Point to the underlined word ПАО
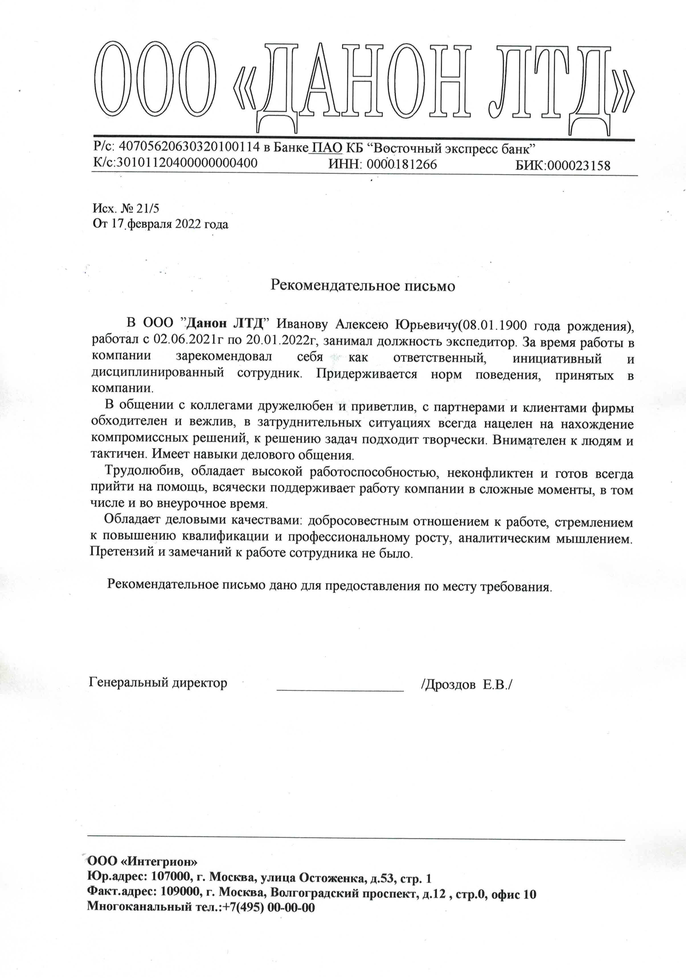[327, 148]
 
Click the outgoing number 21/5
[148, 208]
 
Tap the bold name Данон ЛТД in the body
[225, 324]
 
